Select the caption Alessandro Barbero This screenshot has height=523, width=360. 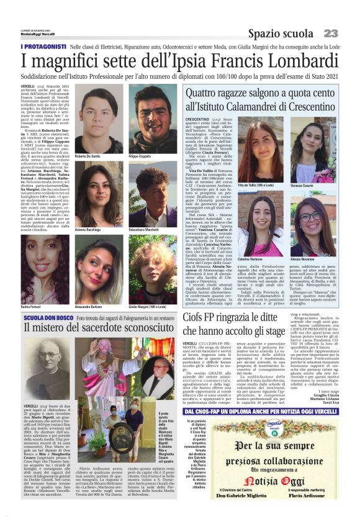point(89,289)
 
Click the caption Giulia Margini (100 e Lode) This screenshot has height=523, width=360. point(148,289)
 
